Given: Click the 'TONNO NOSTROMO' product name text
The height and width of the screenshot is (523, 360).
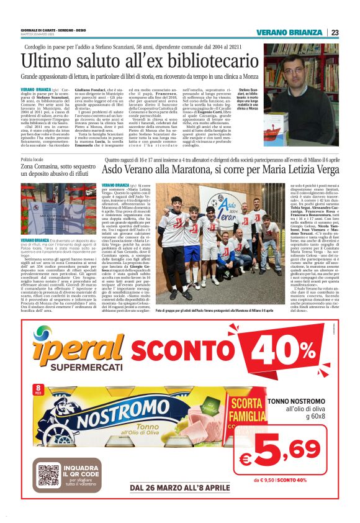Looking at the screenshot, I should click(x=295, y=402).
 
